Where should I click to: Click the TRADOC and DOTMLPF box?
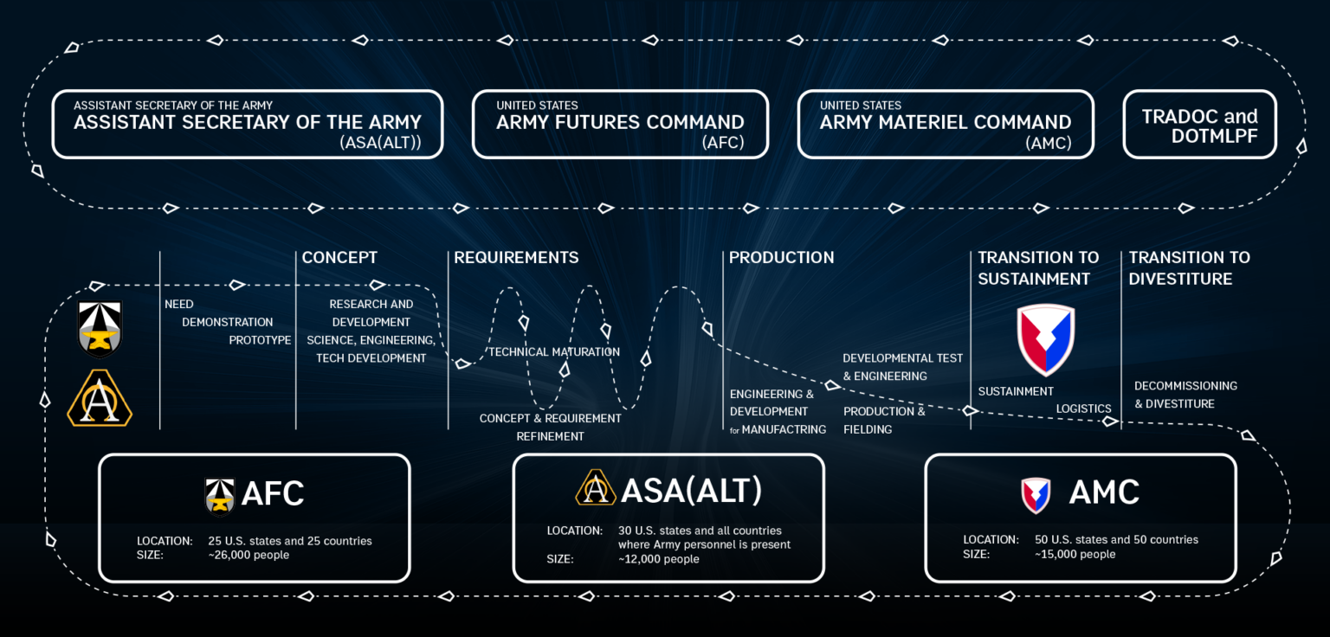(x=1199, y=125)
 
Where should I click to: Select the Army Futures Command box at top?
(x=620, y=124)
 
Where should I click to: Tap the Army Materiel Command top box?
(x=946, y=124)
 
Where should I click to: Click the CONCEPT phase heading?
(x=339, y=257)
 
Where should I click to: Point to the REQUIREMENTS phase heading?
(x=516, y=257)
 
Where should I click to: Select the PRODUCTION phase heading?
(x=781, y=257)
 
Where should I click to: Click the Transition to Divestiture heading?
(x=1189, y=267)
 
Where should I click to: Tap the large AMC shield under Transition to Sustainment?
(x=1045, y=339)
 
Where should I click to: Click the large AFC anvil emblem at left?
(x=100, y=329)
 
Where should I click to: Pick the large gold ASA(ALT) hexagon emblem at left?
(x=100, y=399)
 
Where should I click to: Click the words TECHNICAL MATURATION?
(x=554, y=351)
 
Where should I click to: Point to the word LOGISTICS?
(x=1083, y=409)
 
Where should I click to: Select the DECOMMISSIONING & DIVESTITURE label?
(x=1185, y=395)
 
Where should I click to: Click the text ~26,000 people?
(x=249, y=555)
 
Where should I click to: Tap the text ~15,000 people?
(x=1075, y=554)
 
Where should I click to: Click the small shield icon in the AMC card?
(x=1036, y=495)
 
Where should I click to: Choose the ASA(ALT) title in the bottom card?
(x=691, y=491)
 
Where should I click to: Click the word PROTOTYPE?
(x=260, y=340)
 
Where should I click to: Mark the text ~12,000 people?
(x=658, y=559)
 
